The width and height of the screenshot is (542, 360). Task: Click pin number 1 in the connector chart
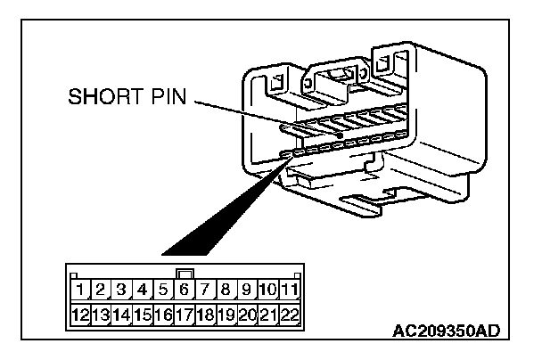[79, 290]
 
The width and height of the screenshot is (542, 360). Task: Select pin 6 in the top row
[184, 290]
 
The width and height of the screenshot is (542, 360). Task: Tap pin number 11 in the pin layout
[289, 290]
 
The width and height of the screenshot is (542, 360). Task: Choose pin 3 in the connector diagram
[121, 290]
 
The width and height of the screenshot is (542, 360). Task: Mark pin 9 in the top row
[246, 290]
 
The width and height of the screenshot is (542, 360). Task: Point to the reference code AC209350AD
[446, 331]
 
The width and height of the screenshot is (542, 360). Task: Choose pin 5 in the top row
[163, 290]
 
